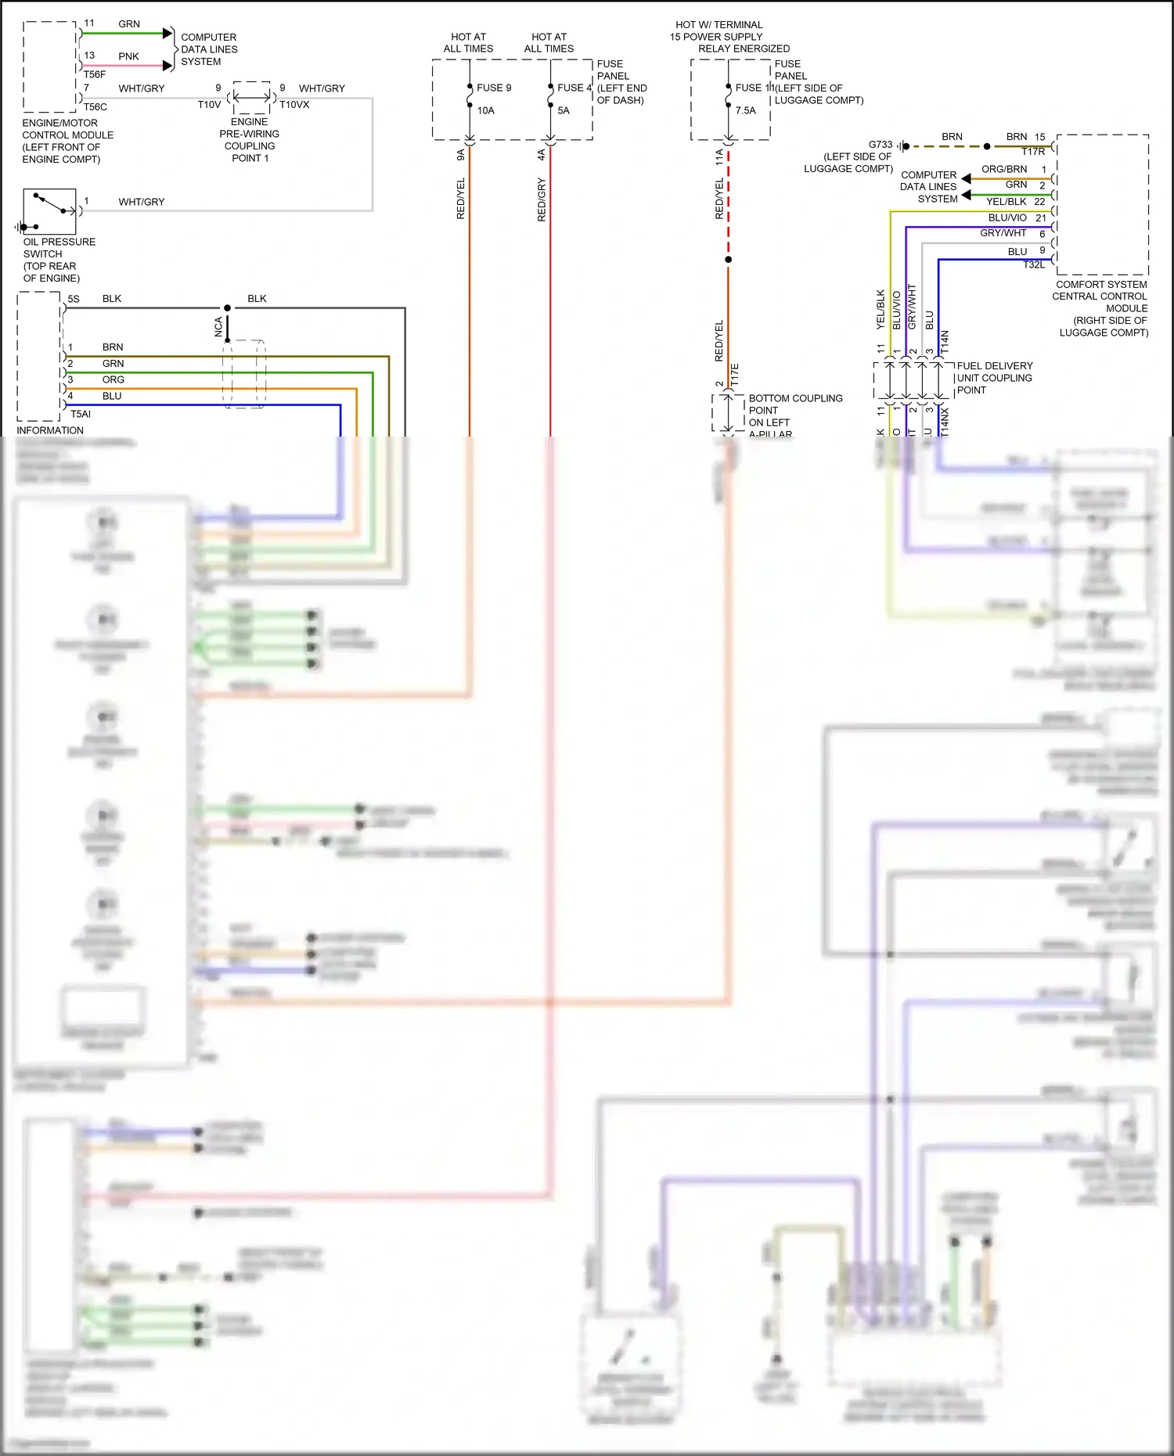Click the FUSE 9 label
click(494, 88)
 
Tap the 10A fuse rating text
click(486, 110)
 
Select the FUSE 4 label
click(574, 88)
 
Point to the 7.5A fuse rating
click(746, 110)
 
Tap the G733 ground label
click(880, 145)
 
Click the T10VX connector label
click(294, 104)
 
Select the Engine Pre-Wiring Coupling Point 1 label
click(250, 140)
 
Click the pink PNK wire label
click(128, 56)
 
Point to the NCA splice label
click(218, 326)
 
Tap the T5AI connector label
click(81, 414)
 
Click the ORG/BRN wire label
click(1004, 169)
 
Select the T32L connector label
click(1034, 264)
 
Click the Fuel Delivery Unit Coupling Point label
click(994, 378)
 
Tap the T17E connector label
click(735, 374)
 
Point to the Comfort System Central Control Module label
click(1101, 308)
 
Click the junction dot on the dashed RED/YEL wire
click(728, 259)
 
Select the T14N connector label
click(945, 341)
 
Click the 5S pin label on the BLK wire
click(74, 299)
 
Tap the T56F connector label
click(95, 74)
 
